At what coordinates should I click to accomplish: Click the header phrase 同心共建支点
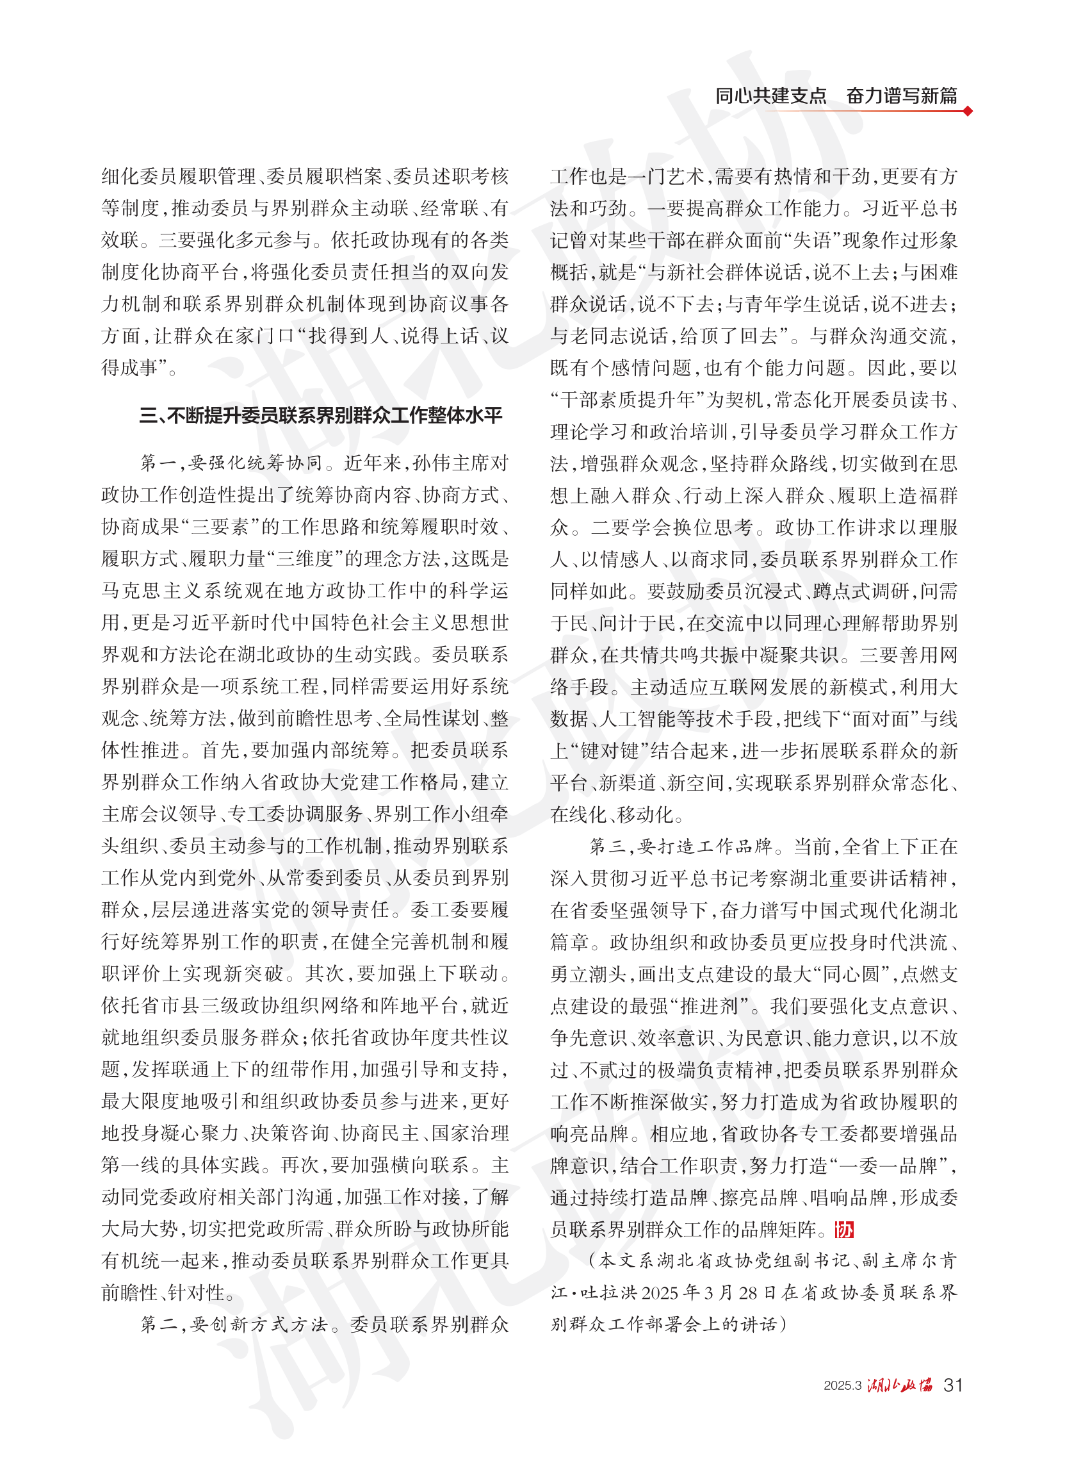point(770,96)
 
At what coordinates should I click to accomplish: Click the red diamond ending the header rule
point(968,111)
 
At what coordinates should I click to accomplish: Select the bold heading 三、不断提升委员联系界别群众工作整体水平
point(320,415)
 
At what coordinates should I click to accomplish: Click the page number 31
point(952,1385)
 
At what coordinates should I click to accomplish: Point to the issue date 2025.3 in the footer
point(842,1385)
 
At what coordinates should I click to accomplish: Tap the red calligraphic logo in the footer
point(900,1384)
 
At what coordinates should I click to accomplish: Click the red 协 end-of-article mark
point(844,1229)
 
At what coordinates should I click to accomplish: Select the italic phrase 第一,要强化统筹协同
point(231,463)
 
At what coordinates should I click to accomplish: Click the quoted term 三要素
point(220,527)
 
